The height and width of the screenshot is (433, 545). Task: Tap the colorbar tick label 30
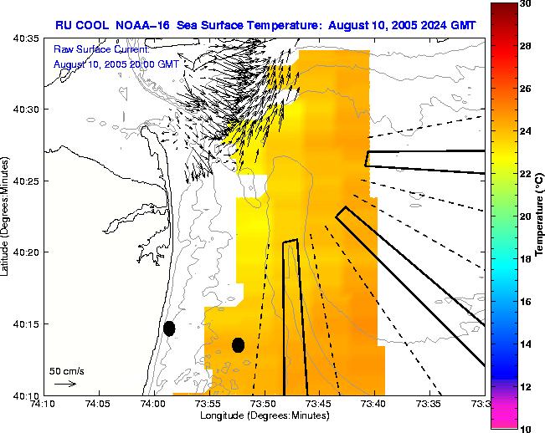coord(524,4)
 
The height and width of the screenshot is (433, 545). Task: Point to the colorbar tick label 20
coord(524,216)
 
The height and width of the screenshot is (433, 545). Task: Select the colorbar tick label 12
coord(524,386)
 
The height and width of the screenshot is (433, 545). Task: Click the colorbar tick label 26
coord(524,89)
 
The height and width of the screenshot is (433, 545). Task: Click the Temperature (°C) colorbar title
coord(540,216)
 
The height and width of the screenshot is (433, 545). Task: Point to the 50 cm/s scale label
coord(67,370)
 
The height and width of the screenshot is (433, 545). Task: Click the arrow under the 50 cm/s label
coord(64,384)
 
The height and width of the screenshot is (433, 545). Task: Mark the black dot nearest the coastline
coord(169,329)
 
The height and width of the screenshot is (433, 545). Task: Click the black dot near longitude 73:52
coord(238,344)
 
